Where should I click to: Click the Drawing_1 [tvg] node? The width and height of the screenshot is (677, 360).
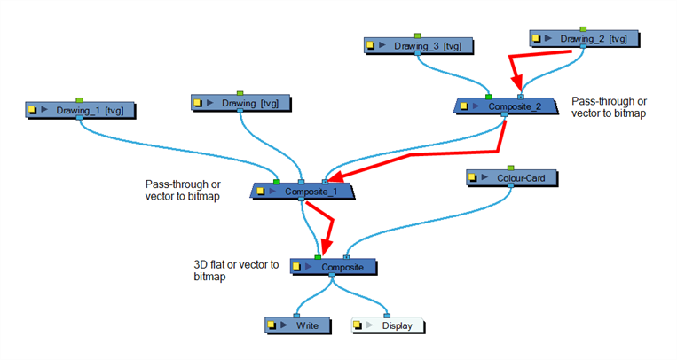tap(80, 111)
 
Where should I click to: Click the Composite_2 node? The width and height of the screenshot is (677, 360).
tap(505, 106)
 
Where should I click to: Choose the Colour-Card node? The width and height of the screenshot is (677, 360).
tap(512, 178)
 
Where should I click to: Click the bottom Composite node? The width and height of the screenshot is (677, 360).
tap(333, 266)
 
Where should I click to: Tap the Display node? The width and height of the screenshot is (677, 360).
tap(388, 325)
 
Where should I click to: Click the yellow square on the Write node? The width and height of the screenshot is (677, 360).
tap(272, 325)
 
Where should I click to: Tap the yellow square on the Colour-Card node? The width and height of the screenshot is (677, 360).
tap(474, 178)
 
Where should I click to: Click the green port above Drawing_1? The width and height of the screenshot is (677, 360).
tap(79, 99)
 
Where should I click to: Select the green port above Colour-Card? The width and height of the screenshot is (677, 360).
tap(511, 167)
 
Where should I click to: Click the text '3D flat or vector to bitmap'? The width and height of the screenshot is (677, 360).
tap(236, 271)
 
